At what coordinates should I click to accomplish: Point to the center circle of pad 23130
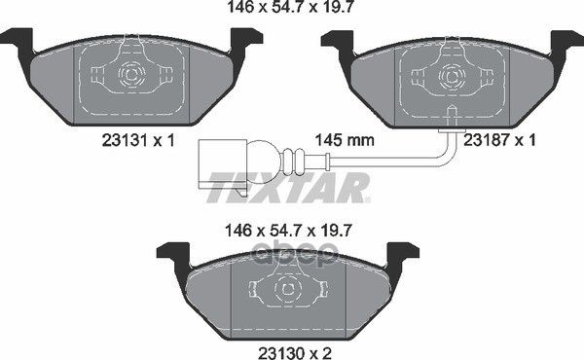click(x=287, y=289)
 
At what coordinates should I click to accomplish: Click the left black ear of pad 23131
click(x=17, y=43)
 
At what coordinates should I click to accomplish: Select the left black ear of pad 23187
click(x=337, y=43)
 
